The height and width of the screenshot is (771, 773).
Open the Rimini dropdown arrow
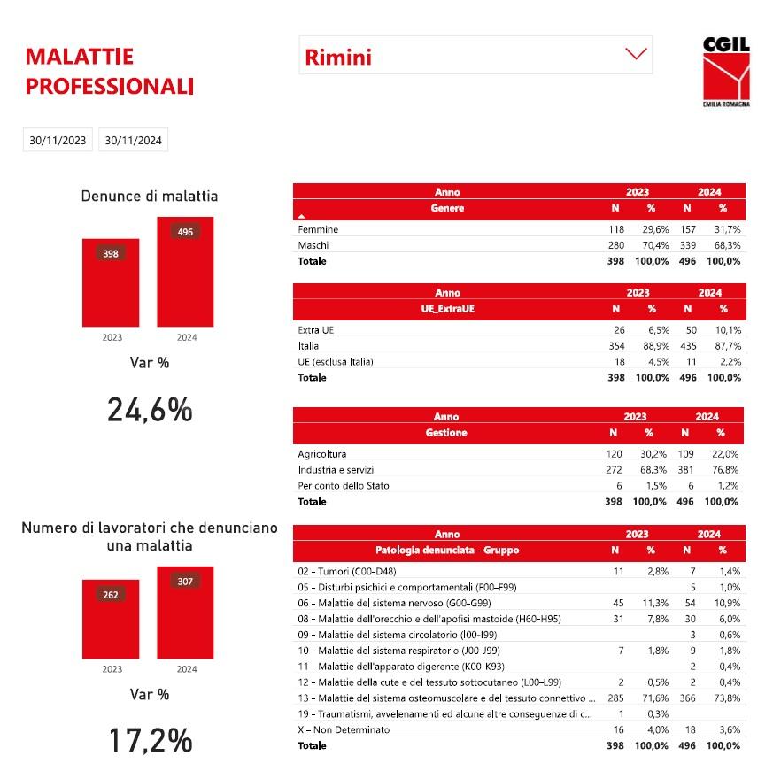coord(636,54)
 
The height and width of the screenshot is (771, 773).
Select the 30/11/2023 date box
coord(58,140)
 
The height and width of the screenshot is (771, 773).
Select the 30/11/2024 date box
coord(133,140)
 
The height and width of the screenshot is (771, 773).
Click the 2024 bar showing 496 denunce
coord(185,271)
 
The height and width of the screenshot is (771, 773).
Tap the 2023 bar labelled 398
coord(111,281)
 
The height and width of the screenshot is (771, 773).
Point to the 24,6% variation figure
coord(150,410)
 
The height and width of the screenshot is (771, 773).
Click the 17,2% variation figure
coord(150,740)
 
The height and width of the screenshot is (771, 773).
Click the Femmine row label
coord(318,229)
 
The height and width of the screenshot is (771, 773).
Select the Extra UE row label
coord(316,330)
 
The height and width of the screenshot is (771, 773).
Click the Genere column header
coord(447,209)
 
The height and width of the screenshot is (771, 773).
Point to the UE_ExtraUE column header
coord(447,309)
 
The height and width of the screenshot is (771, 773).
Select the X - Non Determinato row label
coord(344,729)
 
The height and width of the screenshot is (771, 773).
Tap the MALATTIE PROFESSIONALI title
coord(110,72)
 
